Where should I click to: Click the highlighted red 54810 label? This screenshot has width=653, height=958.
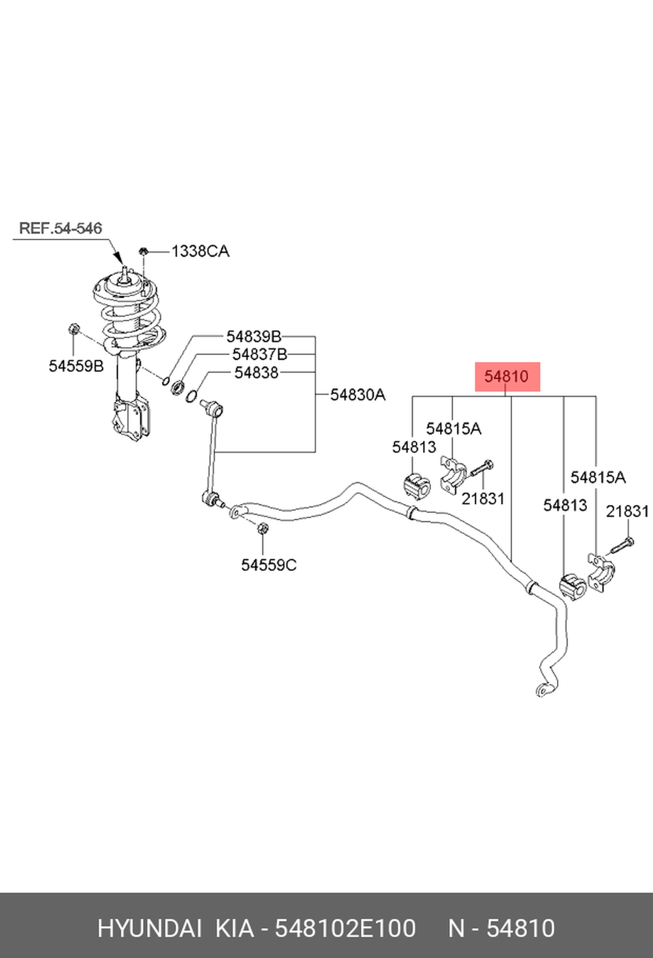pos(507,377)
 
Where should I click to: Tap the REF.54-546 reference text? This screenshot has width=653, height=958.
pos(61,228)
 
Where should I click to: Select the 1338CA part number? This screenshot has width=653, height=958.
pos(200,251)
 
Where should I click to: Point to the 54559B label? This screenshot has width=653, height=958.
pos(76,366)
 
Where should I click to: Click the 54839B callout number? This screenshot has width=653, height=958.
pos(254,337)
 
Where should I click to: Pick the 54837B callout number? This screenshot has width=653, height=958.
pos(260,354)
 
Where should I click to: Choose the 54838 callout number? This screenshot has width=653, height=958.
pos(257,373)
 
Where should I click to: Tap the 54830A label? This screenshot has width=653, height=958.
pos(358,395)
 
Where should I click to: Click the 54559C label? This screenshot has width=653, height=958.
pos(269,565)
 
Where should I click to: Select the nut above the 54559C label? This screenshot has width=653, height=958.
pos(263,528)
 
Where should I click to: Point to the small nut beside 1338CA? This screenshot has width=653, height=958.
pos(144,251)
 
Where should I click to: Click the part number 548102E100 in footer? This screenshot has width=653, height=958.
pos(345,929)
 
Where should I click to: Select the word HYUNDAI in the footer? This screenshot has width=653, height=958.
pos(150,929)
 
